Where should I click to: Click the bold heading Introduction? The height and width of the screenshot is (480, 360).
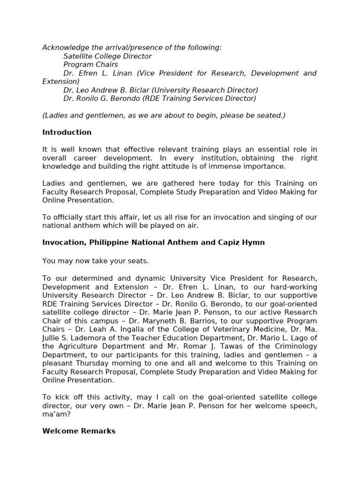point(67,133)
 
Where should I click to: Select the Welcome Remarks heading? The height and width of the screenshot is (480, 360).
point(79,431)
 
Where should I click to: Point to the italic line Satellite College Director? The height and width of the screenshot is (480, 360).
point(107,56)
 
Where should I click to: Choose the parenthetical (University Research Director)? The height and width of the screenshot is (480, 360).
point(205,90)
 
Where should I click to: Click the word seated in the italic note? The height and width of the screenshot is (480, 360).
point(270,115)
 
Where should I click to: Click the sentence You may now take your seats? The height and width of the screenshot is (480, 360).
point(95,261)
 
